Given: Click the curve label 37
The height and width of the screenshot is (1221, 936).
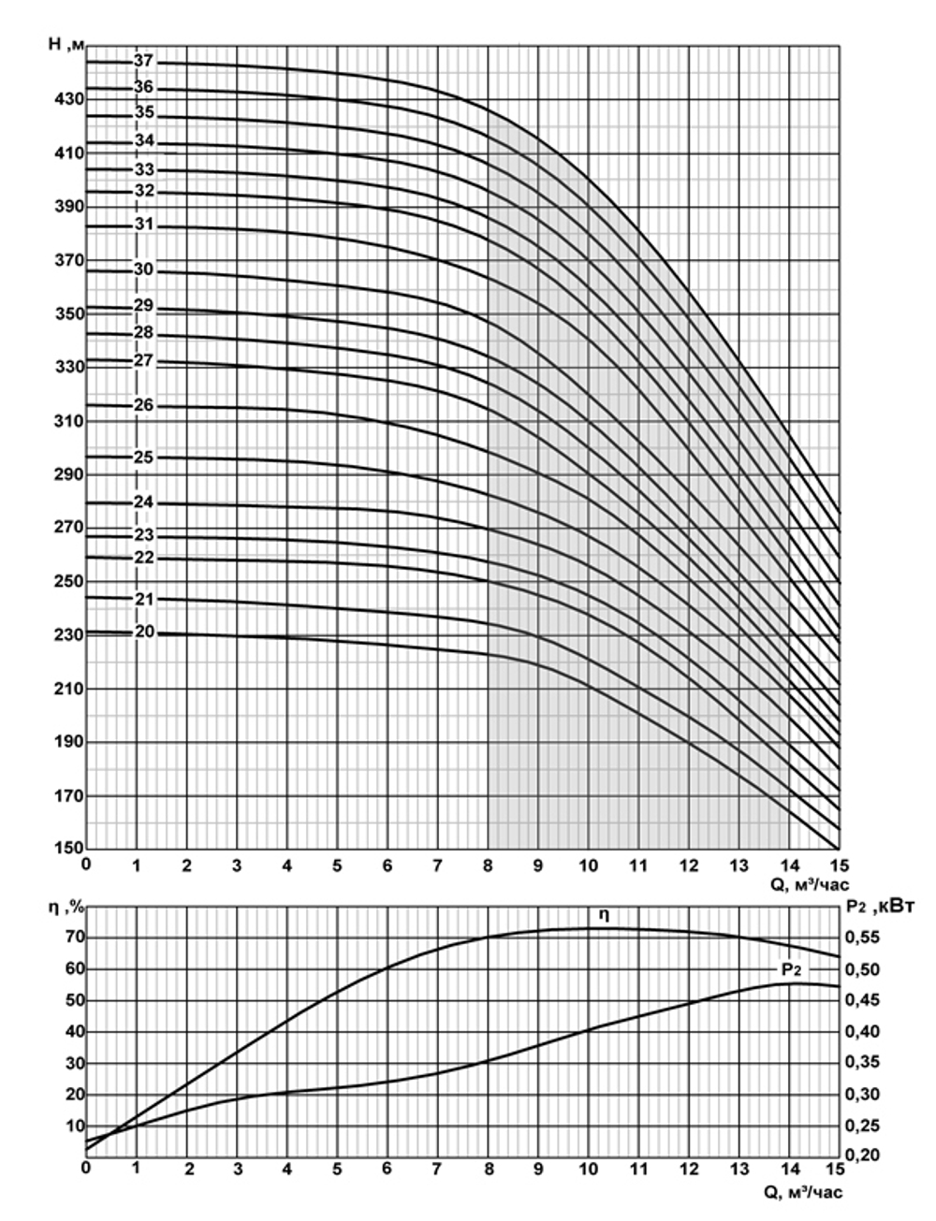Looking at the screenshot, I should [x=143, y=61].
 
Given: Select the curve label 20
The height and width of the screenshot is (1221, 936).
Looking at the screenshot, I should [x=144, y=632].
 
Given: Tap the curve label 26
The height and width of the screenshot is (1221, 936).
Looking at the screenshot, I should [x=143, y=406].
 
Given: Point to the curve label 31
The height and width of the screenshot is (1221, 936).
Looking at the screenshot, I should [x=143, y=225].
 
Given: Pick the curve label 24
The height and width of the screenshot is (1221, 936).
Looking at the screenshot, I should [x=143, y=502].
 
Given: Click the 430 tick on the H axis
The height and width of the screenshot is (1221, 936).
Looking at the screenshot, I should [x=71, y=98].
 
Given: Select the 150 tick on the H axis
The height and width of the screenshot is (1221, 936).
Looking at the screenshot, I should [x=71, y=850].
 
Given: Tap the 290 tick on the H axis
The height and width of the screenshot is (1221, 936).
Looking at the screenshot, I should [x=71, y=474].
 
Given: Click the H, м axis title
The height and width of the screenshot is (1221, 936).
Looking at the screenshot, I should [x=67, y=45].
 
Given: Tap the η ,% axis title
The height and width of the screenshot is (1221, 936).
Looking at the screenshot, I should [x=67, y=907].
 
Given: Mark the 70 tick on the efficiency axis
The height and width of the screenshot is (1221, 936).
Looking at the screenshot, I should [x=73, y=938].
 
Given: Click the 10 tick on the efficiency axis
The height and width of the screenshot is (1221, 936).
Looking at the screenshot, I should [x=73, y=1126].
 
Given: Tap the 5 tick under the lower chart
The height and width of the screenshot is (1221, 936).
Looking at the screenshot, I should [x=337, y=1170].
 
